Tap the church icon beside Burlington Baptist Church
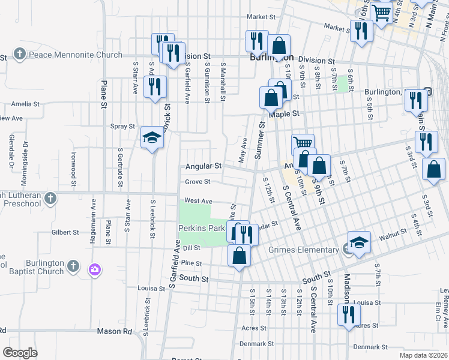tap(73, 265)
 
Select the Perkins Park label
tap(200, 228)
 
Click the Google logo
tap(20, 353)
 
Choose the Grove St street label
tap(197, 181)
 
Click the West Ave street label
tap(198, 201)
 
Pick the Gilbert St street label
tap(65, 232)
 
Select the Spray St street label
tap(123, 127)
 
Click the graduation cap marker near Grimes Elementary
tap(359, 242)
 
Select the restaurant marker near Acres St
tap(349, 313)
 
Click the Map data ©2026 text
tap(422, 355)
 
